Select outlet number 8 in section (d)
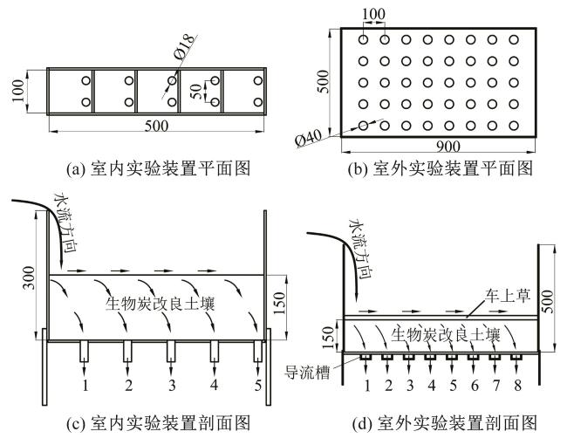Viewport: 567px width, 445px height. [x=519, y=385]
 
